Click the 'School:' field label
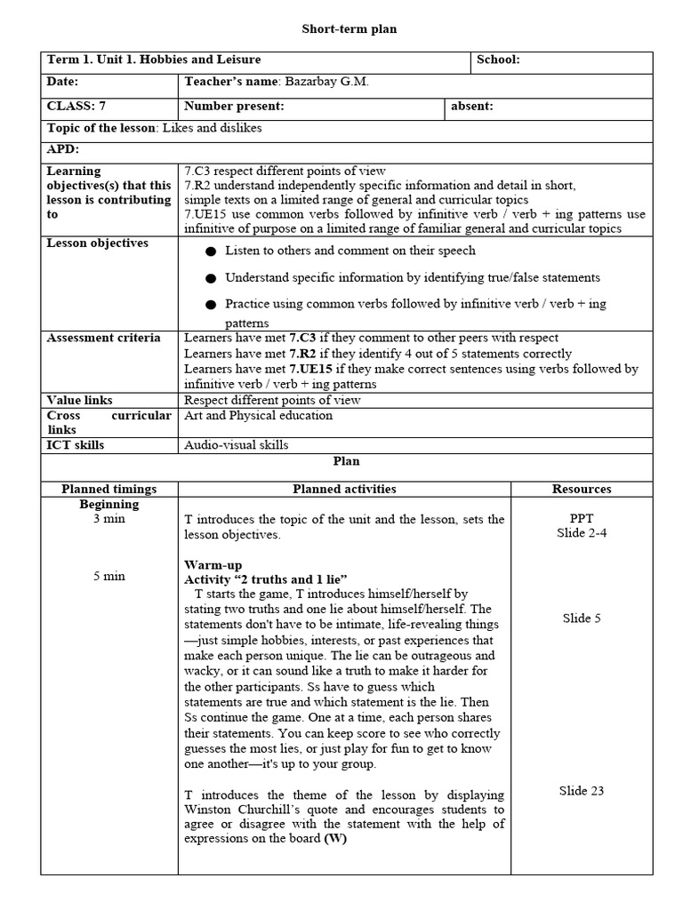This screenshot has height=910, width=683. click(498, 60)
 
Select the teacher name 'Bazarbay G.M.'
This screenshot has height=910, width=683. click(326, 83)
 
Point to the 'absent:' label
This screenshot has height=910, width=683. click(472, 107)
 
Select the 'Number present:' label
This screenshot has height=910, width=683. click(234, 107)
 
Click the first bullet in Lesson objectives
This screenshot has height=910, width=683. click(210, 251)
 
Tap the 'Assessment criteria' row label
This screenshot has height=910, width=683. click(104, 339)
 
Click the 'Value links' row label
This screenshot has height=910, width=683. click(80, 401)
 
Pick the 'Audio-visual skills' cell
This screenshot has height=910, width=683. click(237, 445)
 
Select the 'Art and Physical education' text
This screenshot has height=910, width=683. click(258, 416)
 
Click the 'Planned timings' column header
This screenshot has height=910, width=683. click(108, 489)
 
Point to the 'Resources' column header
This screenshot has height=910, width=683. click(582, 489)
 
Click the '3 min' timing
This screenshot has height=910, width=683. click(108, 519)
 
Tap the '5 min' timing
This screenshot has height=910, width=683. click(108, 576)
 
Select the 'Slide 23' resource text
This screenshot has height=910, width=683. click(582, 790)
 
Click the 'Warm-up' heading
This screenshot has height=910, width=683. click(213, 565)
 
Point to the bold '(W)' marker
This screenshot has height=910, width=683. click(335, 838)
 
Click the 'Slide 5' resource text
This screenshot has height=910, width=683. click(582, 618)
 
